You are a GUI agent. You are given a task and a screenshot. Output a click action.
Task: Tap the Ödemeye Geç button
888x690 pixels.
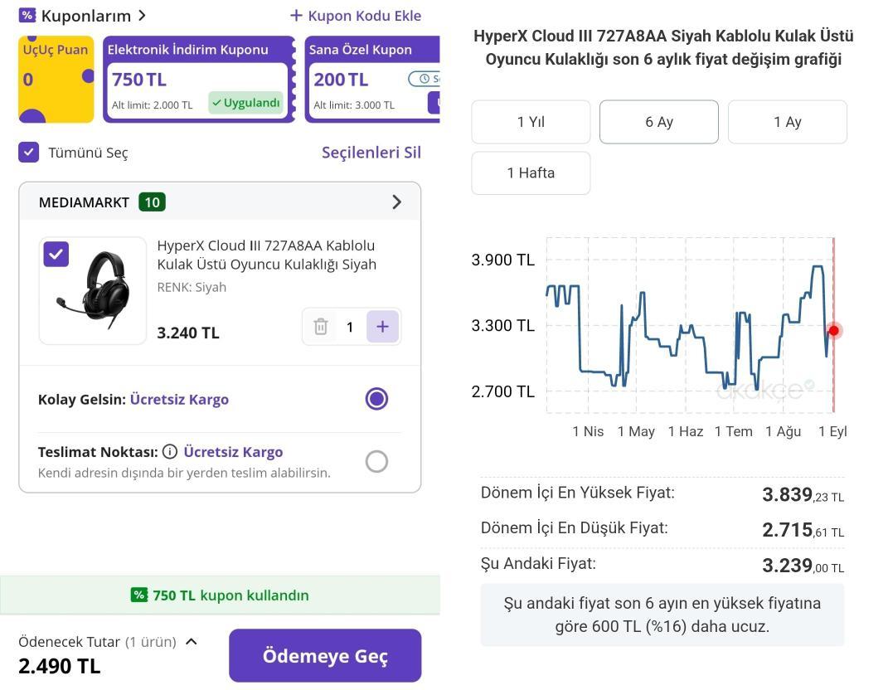pos(325,655)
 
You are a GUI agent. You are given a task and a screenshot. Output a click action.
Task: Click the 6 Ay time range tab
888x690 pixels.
pos(659,122)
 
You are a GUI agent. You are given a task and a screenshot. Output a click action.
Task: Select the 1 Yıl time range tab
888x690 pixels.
pos(531,122)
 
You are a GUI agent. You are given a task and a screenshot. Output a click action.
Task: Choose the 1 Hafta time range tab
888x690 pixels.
pos(531,172)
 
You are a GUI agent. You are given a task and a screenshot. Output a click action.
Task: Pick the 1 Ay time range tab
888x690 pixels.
pos(787,122)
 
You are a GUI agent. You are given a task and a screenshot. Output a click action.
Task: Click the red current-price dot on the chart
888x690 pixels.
pos(833,330)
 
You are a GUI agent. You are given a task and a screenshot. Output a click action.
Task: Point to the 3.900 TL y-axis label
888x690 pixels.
pos(503,260)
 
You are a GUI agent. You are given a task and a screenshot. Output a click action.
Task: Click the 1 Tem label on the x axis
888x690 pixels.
pos(733,431)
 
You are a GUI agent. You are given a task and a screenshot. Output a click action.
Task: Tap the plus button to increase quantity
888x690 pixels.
pos(382,327)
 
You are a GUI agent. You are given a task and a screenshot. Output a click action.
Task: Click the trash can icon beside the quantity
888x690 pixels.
pos(321,327)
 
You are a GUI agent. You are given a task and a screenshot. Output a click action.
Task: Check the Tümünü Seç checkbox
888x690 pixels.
pos(29,152)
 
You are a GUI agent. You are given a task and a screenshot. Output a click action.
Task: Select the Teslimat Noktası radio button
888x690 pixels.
pos(376,461)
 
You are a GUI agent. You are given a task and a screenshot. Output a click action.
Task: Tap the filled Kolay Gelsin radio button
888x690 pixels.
pos(376,399)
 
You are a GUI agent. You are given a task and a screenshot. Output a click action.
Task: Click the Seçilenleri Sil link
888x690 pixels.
pos(371,152)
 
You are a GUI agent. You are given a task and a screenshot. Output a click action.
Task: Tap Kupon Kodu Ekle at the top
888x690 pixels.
pos(356,16)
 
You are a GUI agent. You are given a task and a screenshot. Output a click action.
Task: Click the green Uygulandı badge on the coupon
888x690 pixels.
pos(245,103)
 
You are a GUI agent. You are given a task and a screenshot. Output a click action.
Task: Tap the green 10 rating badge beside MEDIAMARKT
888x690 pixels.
pos(152,202)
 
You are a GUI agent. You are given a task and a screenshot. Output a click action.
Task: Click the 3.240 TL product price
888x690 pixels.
pos(188,333)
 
